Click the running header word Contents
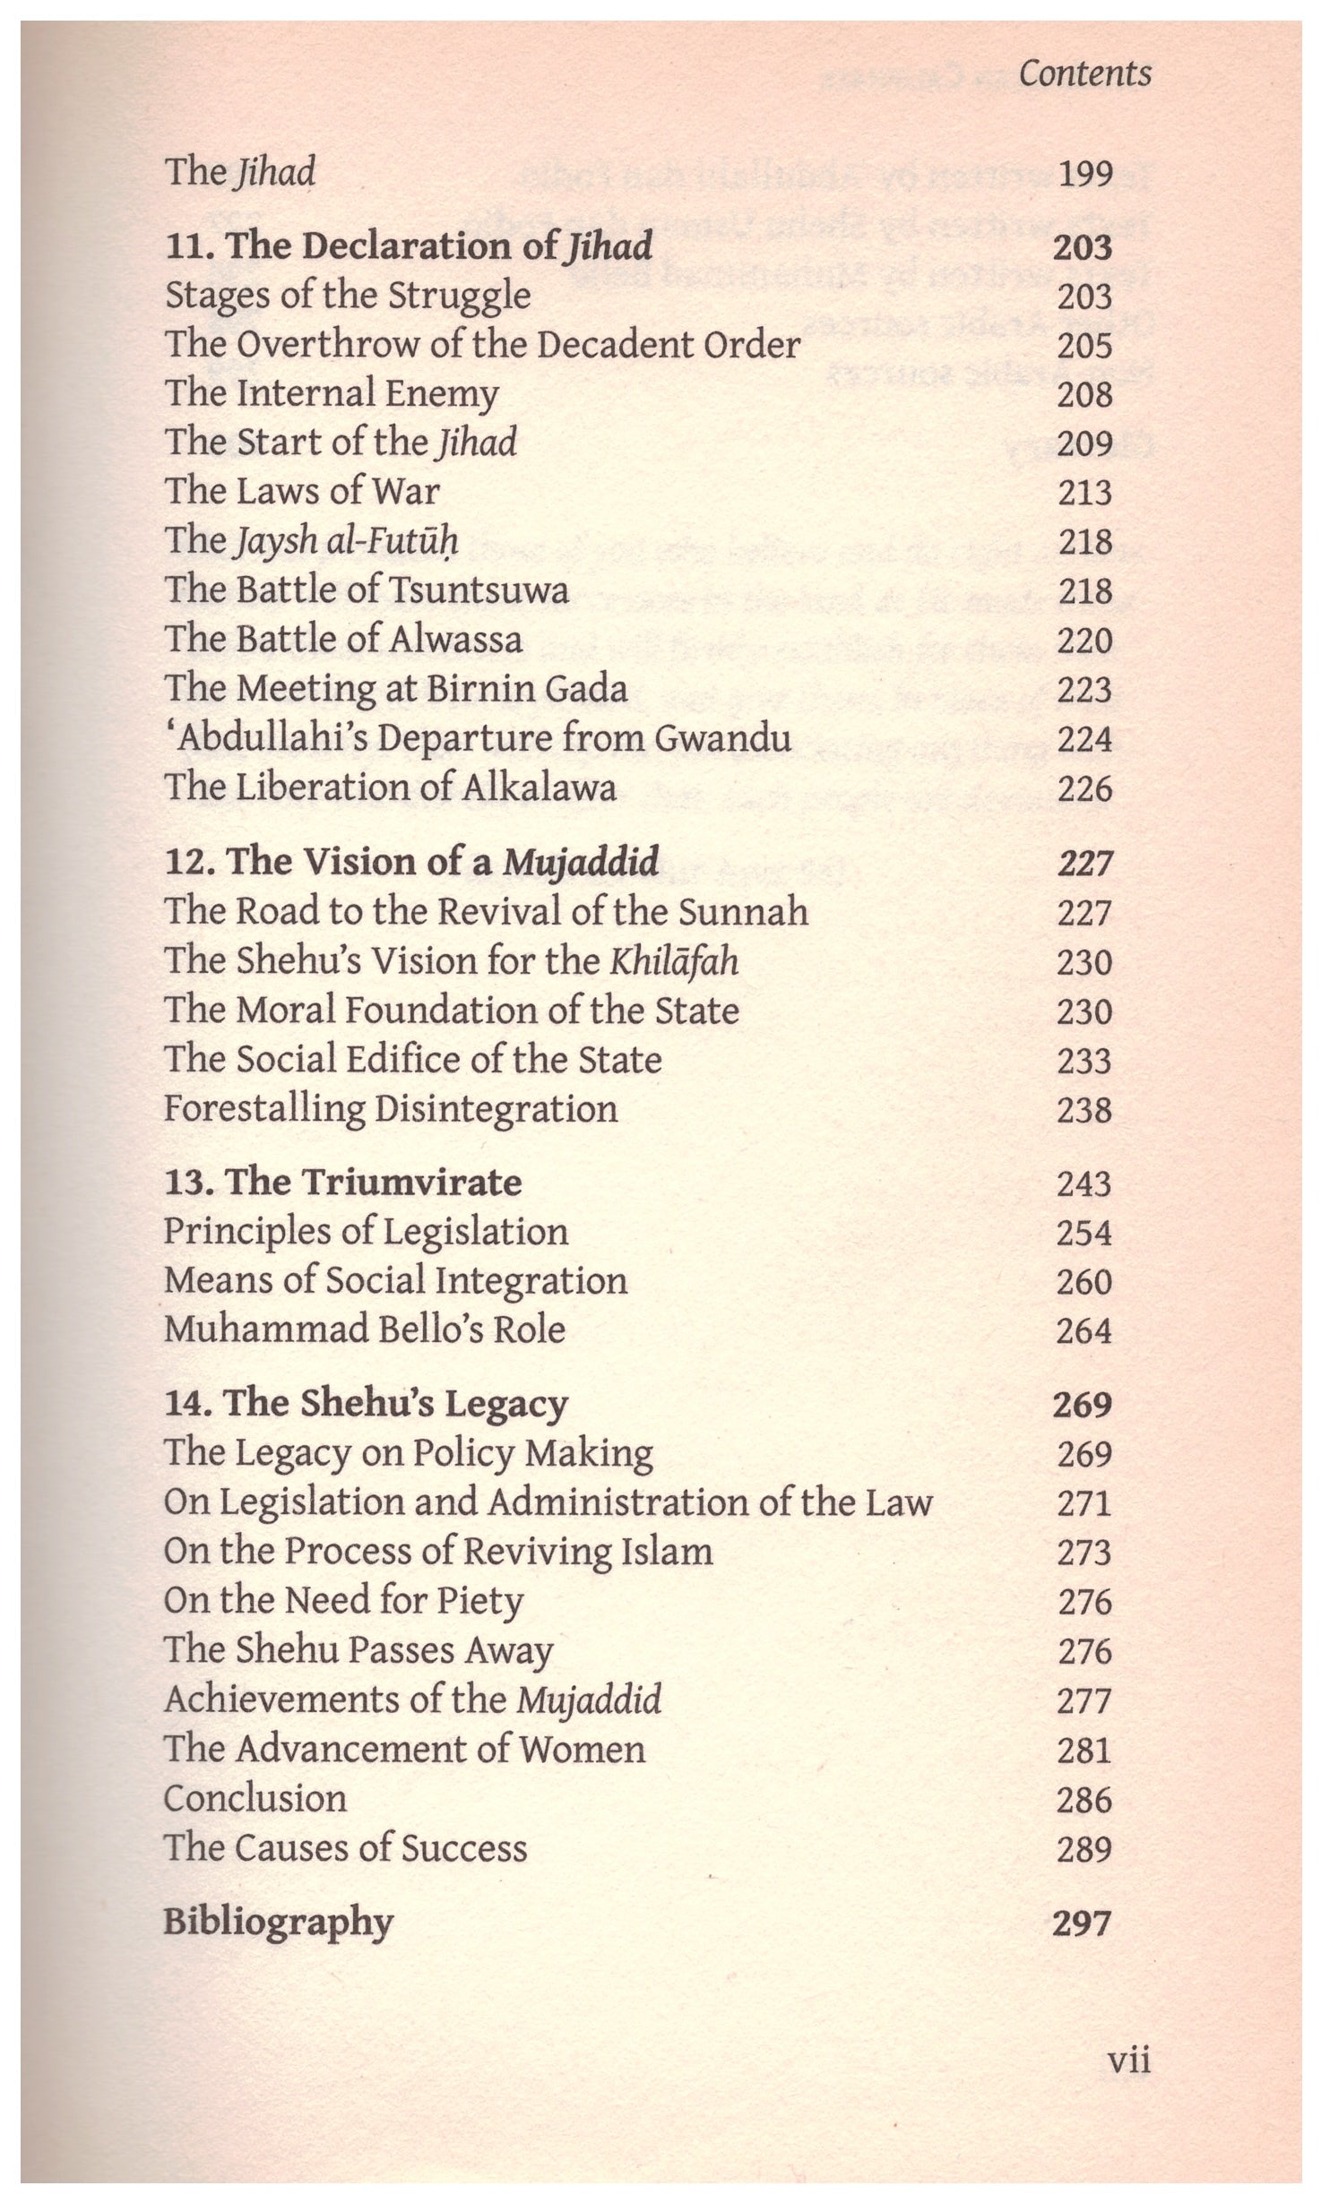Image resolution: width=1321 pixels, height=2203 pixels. tap(1084, 73)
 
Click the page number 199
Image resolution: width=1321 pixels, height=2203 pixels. tap(1084, 173)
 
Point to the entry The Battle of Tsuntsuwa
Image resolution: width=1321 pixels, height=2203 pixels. tap(367, 590)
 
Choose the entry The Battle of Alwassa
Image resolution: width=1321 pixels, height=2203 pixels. tap(343, 640)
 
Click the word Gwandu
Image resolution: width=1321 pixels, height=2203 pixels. tap(724, 738)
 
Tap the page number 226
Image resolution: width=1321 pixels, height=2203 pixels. tap(1084, 788)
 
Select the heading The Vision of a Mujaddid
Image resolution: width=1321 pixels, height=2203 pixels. tap(411, 862)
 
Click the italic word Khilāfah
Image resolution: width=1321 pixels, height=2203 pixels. tap(674, 961)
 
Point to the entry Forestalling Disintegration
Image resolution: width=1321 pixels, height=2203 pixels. tap(391, 1109)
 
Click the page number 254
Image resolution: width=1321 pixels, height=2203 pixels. tap(1084, 1233)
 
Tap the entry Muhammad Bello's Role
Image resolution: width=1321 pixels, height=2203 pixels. tap(365, 1330)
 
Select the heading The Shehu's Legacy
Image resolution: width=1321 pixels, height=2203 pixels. tap(366, 1404)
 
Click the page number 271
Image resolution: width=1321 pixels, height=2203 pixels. tap(1084, 1503)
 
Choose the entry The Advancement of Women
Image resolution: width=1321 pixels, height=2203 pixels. tap(404, 1749)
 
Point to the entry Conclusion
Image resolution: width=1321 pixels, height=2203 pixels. tap(255, 1798)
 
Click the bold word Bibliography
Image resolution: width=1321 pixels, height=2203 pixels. tap(278, 1923)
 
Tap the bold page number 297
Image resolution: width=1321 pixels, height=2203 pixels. tap(1083, 1922)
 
